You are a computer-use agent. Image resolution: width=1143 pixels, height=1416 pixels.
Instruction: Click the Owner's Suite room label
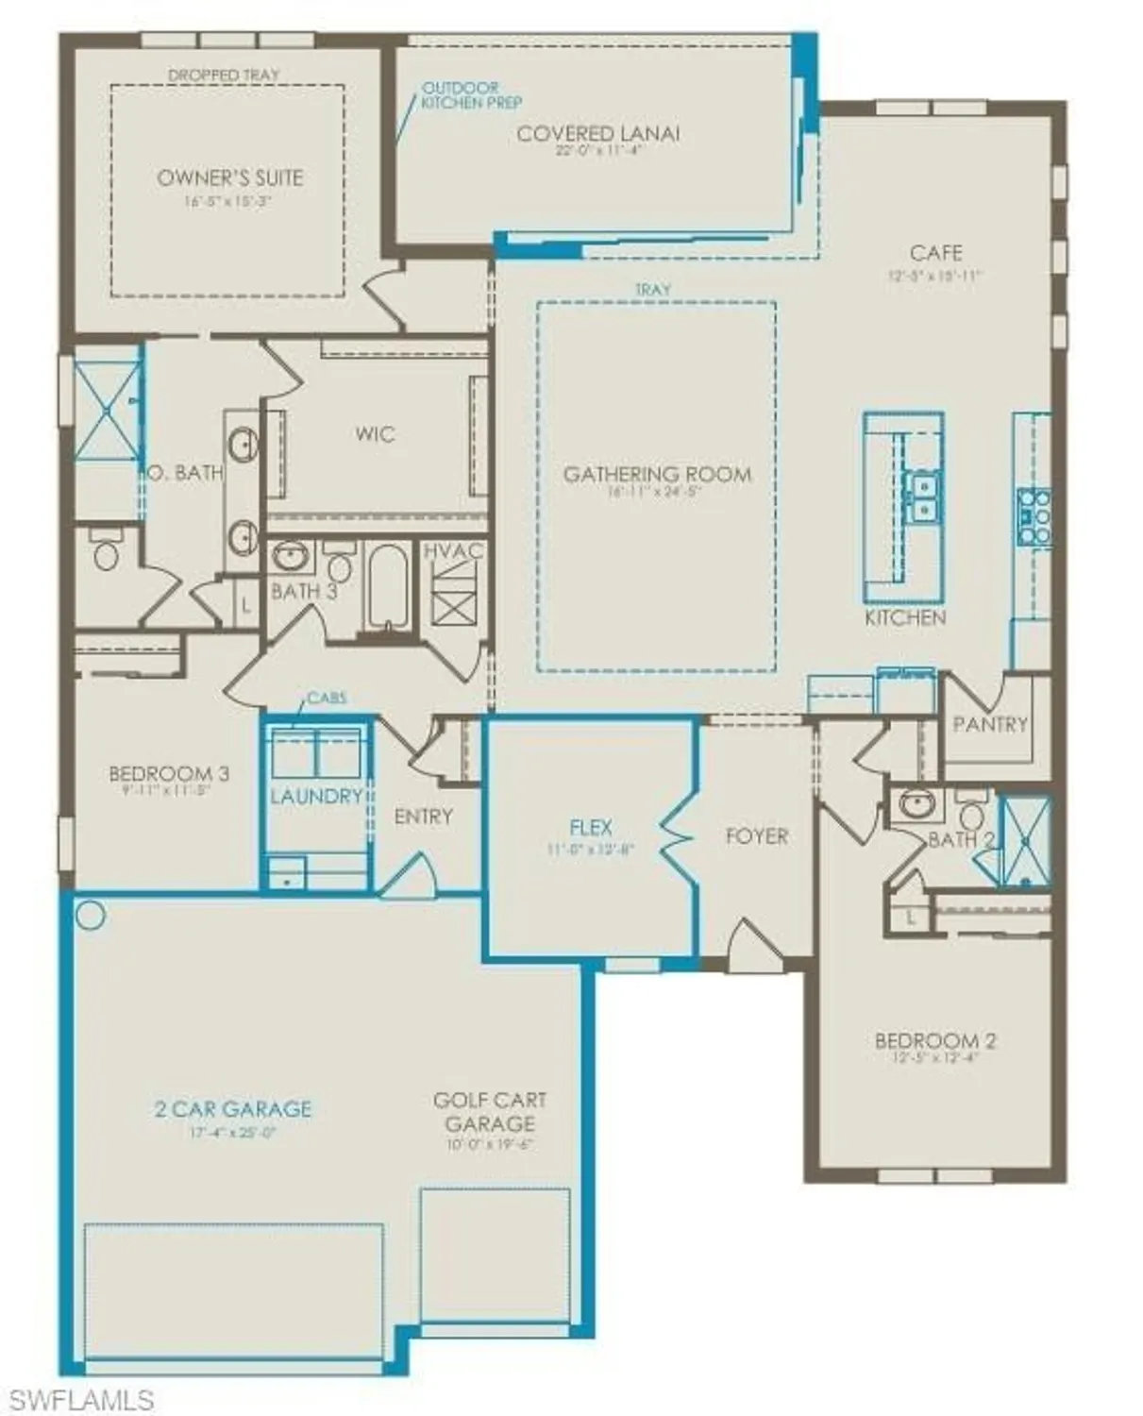tap(229, 177)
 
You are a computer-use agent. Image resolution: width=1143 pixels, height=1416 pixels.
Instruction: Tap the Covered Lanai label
tap(597, 134)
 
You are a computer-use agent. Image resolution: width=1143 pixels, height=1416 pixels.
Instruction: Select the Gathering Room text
tap(657, 474)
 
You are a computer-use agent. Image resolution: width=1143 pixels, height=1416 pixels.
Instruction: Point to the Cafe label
tap(935, 253)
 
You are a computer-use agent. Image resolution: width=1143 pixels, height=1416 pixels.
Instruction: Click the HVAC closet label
tap(453, 551)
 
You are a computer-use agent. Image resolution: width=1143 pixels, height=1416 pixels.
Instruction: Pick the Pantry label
tap(989, 724)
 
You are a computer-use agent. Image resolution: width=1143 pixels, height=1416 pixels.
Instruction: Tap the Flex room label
tap(591, 828)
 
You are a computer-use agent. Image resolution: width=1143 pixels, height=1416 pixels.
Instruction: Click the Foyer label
tap(756, 835)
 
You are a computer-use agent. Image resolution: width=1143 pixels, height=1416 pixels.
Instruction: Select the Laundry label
tap(316, 796)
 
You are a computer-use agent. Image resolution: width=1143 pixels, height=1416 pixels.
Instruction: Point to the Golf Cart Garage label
tap(490, 1112)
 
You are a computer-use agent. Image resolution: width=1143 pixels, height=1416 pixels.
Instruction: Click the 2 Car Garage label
tap(233, 1108)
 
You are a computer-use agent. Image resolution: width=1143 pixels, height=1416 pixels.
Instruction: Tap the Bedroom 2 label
tap(934, 1040)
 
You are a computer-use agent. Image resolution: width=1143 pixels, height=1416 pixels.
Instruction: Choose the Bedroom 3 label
tap(169, 774)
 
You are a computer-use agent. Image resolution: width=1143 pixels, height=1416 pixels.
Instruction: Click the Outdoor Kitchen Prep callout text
tap(470, 95)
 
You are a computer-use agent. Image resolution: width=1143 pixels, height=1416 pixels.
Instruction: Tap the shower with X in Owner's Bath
tap(107, 411)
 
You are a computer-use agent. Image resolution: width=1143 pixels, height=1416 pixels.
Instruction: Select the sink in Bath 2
tap(916, 804)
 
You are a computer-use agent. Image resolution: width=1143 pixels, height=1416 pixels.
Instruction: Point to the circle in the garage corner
tap(92, 915)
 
